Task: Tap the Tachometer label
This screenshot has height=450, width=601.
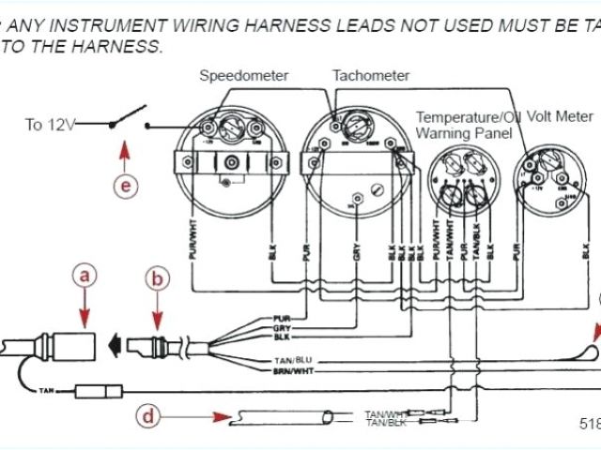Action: (x=371, y=75)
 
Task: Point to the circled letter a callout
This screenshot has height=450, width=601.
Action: (x=85, y=276)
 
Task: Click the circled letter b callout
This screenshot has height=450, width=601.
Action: (x=157, y=277)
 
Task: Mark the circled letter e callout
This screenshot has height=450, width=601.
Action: (x=126, y=185)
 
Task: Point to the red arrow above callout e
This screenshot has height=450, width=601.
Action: (x=126, y=153)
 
